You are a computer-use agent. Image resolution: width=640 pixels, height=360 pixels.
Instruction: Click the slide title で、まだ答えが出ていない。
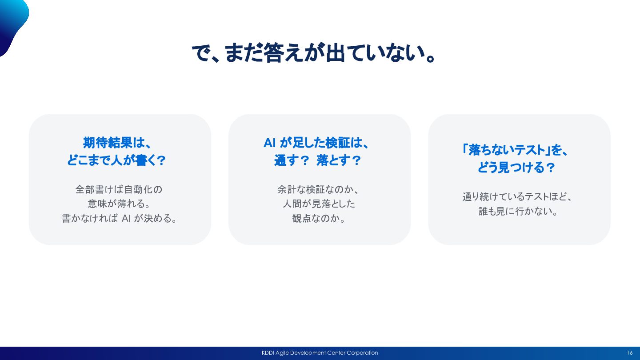pos(313,53)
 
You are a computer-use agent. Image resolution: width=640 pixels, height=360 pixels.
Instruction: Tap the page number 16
pos(630,353)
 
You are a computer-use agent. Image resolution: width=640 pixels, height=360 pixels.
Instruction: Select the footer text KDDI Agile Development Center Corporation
pos(320,353)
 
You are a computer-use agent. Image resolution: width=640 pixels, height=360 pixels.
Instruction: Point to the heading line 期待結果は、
pos(117,143)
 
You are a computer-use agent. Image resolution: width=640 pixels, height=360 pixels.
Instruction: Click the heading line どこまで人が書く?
pos(116,160)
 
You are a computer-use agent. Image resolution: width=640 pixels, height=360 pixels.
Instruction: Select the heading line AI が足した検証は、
pos(316,143)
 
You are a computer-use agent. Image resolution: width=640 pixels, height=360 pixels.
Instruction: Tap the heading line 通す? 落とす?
pos(317,160)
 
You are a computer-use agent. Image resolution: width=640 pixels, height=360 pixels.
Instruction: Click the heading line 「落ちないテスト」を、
pos(515,150)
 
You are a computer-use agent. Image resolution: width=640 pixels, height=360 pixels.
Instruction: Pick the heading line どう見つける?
pos(516,168)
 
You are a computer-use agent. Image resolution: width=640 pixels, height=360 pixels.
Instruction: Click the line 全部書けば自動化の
pos(119,189)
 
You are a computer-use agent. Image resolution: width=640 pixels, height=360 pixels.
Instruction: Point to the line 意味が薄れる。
pos(119,204)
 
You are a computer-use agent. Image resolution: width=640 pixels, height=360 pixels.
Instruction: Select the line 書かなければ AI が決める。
pos(119,218)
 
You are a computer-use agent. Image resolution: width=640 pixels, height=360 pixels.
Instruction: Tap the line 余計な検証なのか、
pos(318,189)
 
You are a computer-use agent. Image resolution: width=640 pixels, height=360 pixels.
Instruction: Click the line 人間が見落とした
pos(319,204)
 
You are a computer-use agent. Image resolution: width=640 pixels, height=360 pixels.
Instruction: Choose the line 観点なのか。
pos(319,218)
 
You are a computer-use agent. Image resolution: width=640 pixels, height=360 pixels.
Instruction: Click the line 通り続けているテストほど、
pos(517,196)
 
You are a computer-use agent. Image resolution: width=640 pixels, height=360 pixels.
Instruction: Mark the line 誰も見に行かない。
pos(518,211)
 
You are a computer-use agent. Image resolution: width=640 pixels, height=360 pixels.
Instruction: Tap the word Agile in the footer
pos(283,353)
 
